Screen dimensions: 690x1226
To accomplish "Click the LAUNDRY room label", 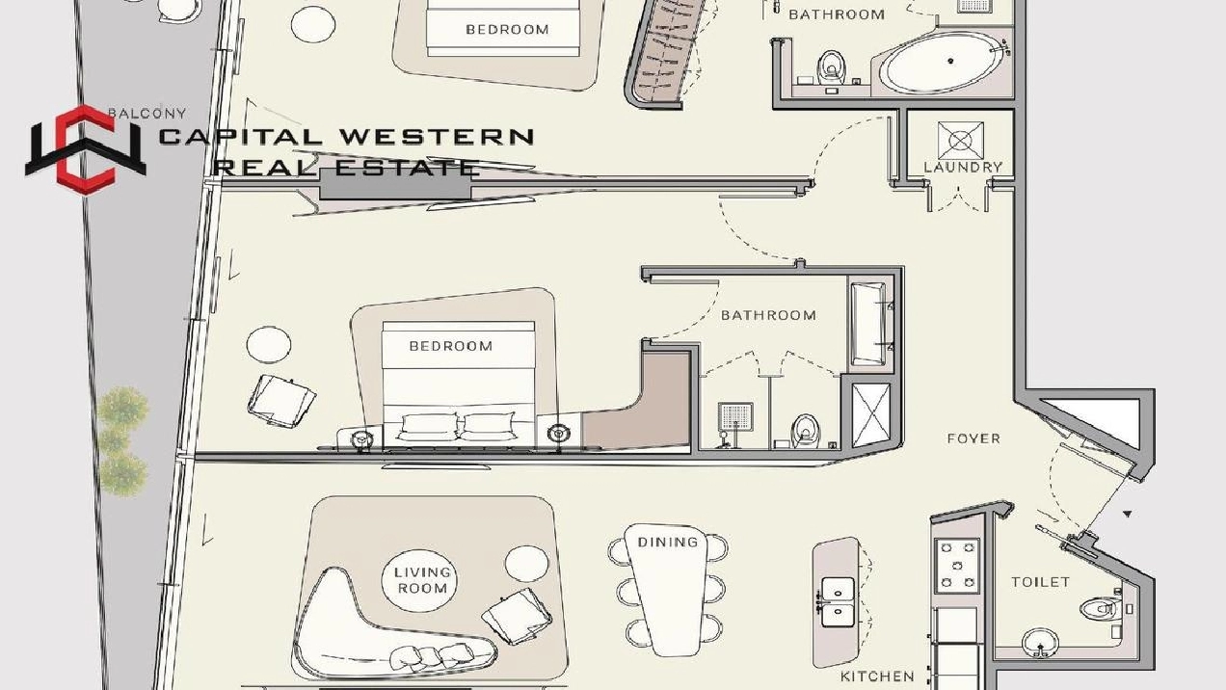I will pos(962,167).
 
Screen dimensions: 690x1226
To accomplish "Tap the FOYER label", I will pos(973,438).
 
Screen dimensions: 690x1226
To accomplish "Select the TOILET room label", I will pos(1040,582).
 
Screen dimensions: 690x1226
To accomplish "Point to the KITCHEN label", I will pos(877,677).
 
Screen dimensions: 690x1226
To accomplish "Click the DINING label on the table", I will pos(667,543).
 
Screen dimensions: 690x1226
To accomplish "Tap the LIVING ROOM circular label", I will pos(422,580).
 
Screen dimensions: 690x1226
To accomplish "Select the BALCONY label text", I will pos(147,114).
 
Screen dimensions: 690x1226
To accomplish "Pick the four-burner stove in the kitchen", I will pos(957,564).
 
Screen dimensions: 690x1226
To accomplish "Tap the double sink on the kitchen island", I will pos(837,600).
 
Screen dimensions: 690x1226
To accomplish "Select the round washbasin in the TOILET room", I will pos(1037,644).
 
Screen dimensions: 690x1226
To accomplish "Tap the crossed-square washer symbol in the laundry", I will pos(960,141).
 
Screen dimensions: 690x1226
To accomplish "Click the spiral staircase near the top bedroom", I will pos(665,53).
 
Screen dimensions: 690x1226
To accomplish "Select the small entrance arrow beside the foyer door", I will pos(1127,515).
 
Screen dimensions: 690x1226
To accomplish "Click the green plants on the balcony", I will pos(123,439).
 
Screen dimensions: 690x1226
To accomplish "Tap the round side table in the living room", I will pos(526,565).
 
